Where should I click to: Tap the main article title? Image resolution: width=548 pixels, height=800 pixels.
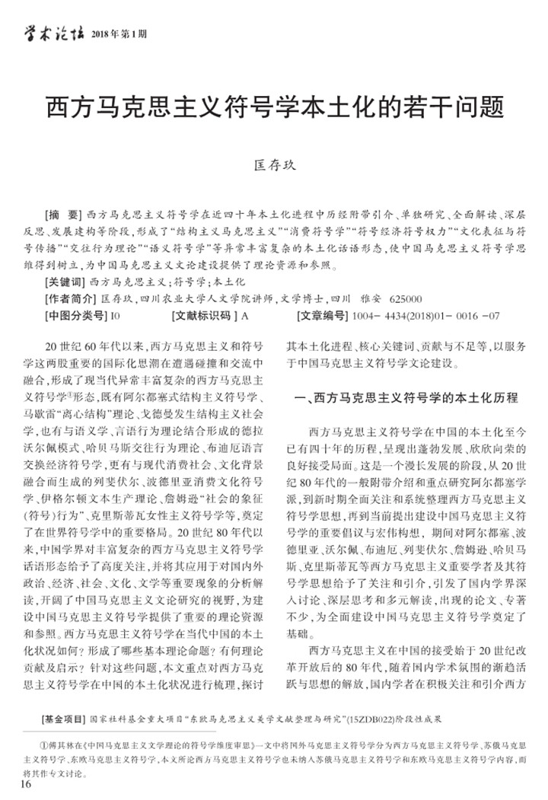pyautogui.click(x=274, y=107)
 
